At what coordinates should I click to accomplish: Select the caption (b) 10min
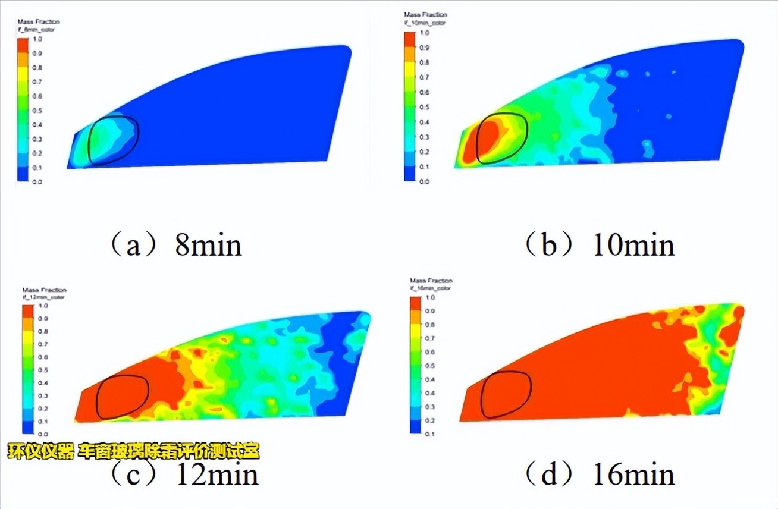600,244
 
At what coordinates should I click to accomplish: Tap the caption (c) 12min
184,474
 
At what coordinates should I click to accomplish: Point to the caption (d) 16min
600,474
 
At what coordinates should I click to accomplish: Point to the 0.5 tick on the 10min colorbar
425,107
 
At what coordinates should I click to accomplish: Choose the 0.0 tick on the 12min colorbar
43,434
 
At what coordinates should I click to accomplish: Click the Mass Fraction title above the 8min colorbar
38,22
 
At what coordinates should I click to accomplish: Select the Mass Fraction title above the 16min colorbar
431,280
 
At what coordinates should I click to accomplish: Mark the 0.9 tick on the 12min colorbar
43,319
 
